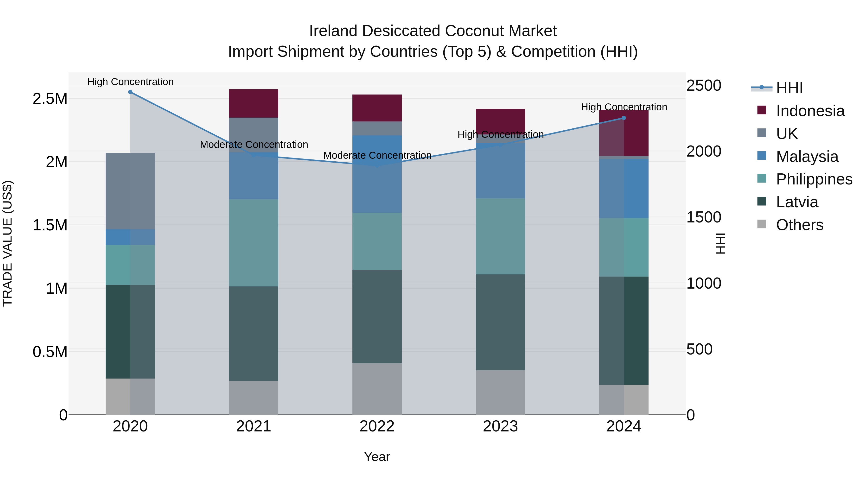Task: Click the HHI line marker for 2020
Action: [130, 92]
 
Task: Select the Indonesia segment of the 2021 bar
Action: [254, 103]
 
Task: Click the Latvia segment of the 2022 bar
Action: [377, 316]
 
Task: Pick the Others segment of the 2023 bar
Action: [500, 392]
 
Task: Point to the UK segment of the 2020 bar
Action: [130, 191]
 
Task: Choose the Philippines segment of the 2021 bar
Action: [254, 243]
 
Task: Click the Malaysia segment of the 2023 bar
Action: [500, 171]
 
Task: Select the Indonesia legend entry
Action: [810, 111]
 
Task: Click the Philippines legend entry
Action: [814, 179]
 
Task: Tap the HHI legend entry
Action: [789, 88]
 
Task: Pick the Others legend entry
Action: [799, 225]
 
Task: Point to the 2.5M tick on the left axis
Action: [50, 99]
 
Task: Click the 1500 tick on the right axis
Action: [703, 217]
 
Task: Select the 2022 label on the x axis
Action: [377, 426]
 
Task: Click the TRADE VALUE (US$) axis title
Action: [7, 243]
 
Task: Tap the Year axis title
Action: [377, 457]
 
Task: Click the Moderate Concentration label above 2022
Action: [377, 155]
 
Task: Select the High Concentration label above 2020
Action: [130, 82]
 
